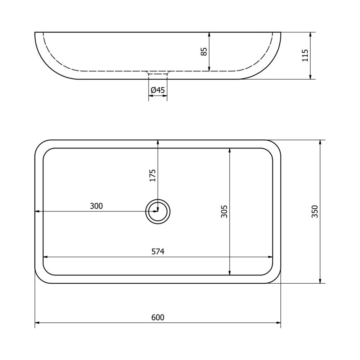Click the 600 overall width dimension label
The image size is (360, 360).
coord(158,318)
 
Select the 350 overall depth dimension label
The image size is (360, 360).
coord(315,212)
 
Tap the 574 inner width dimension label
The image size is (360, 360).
coord(158,252)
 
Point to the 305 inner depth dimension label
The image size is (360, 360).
coord(224,212)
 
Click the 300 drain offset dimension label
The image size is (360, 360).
coord(96,206)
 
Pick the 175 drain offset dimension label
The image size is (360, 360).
coord(153,175)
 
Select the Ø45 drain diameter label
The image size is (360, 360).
coord(158,90)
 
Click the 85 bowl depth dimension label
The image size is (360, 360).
coord(204,52)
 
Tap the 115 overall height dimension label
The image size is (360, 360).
coord(305,56)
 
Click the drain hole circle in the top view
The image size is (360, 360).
coord(158,212)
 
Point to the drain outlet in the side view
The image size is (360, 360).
coord(158,74)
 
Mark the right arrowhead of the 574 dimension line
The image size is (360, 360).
coord(270,257)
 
